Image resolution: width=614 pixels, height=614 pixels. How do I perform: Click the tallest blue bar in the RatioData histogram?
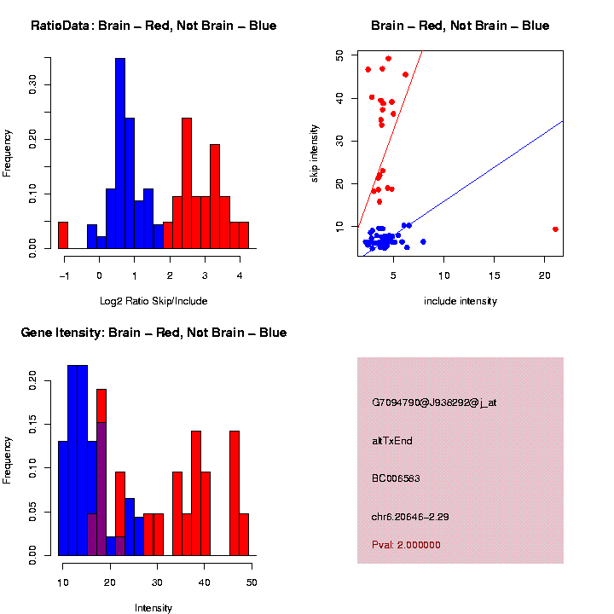tap(120, 153)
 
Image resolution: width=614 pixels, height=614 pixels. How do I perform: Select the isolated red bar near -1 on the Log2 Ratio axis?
tap(62, 235)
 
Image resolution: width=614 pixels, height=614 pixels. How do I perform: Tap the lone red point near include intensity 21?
tap(555, 229)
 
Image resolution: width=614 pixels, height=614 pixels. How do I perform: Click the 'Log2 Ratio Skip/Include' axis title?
tap(153, 300)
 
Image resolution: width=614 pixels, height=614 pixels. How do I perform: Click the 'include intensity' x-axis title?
tap(460, 300)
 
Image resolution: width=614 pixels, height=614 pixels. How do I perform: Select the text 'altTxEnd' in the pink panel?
tap(392, 441)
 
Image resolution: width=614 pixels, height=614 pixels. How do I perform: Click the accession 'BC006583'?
tap(397, 478)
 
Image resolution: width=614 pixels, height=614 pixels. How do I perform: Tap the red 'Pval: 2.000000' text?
tap(406, 544)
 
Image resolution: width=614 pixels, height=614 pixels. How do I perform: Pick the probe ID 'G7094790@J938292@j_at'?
tap(434, 403)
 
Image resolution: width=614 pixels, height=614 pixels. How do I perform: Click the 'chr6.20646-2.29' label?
tap(410, 516)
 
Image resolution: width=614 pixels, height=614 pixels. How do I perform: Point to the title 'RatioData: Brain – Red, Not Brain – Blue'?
tap(153, 26)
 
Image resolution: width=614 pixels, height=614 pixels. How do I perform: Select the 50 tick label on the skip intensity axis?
tap(340, 55)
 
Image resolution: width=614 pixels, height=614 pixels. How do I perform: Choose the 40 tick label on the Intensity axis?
tap(204, 582)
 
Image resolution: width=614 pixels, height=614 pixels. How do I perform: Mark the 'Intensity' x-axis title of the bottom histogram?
tap(153, 608)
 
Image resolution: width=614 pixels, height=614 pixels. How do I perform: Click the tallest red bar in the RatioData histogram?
tap(186, 182)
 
